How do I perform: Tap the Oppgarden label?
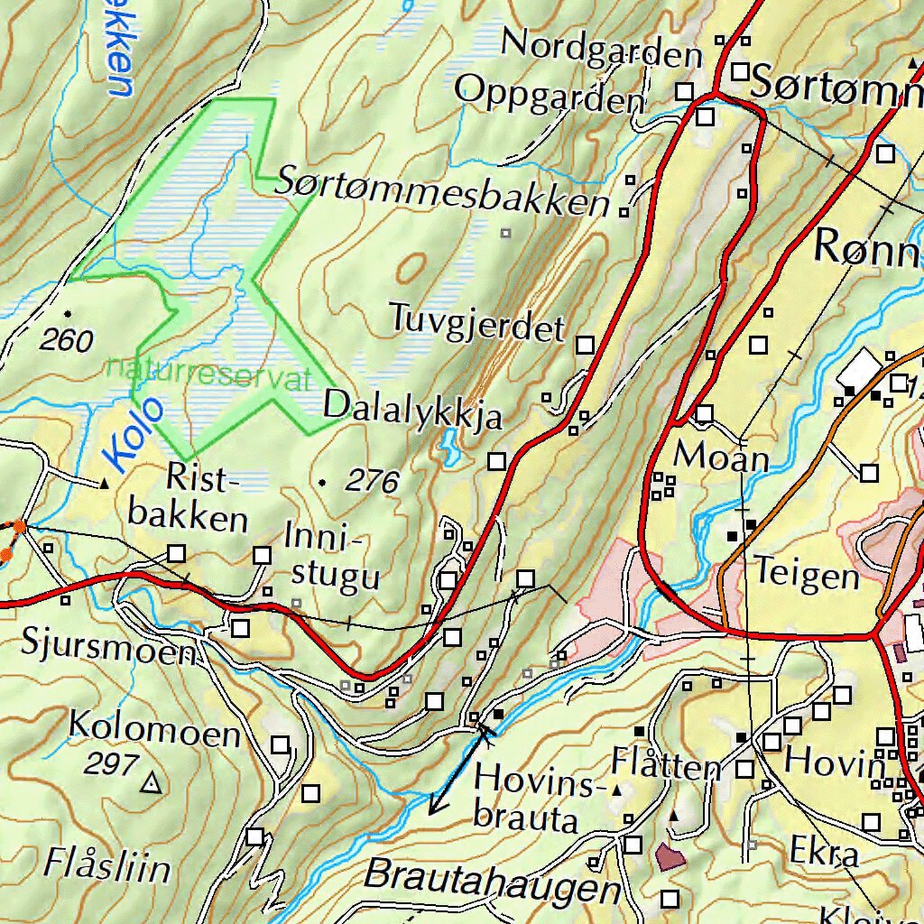[550, 94]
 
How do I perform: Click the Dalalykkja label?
[412, 411]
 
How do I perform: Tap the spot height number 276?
[372, 483]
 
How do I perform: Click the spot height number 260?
[67, 341]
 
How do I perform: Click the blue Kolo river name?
[134, 434]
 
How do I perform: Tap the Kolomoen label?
[154, 728]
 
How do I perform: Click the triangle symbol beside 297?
[151, 783]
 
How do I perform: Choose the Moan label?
[722, 456]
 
